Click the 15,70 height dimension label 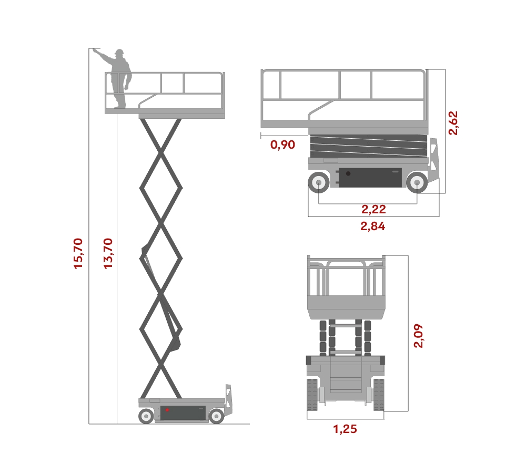click(x=78, y=253)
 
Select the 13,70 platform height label click(x=108, y=253)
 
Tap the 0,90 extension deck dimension click(x=282, y=144)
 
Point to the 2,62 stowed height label click(x=453, y=123)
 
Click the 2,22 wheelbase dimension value click(x=373, y=209)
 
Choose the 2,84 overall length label click(x=373, y=226)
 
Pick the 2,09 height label click(x=418, y=336)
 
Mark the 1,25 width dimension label click(x=345, y=429)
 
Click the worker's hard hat click(x=119, y=52)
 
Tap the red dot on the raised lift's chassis click(x=167, y=410)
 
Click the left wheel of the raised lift click(x=146, y=416)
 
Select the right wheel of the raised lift click(x=216, y=416)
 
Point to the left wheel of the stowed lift click(x=319, y=183)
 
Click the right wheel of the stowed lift click(x=417, y=183)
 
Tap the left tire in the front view click(x=312, y=395)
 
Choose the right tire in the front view click(x=379, y=395)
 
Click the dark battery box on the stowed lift click(x=370, y=178)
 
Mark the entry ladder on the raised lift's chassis click(x=228, y=399)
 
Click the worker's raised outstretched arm click(x=105, y=56)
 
